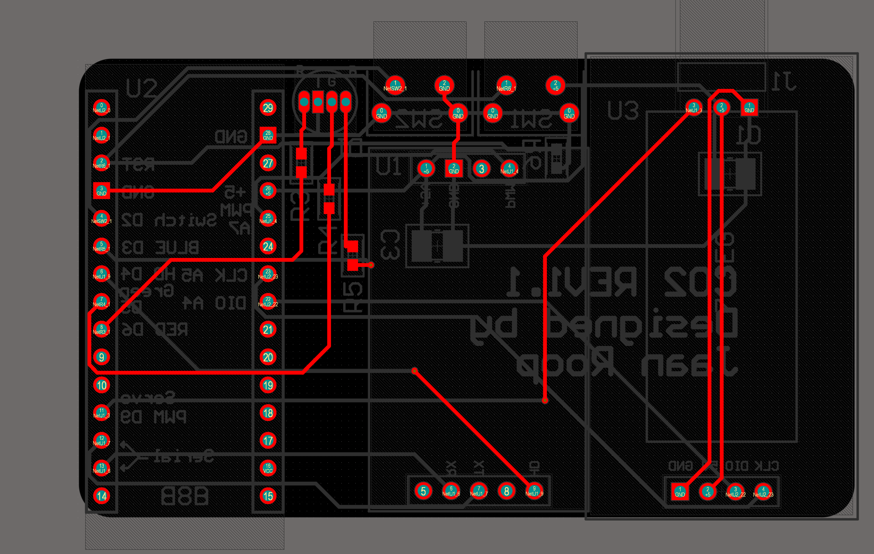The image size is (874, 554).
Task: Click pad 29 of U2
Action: click(x=268, y=108)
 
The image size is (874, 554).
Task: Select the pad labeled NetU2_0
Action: click(x=102, y=108)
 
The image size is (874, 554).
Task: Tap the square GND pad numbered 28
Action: click(x=268, y=135)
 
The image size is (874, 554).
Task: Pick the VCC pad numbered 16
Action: click(x=268, y=468)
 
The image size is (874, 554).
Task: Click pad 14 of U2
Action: click(x=102, y=496)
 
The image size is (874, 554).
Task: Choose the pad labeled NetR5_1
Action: click(x=102, y=246)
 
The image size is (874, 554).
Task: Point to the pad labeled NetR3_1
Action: click(x=102, y=329)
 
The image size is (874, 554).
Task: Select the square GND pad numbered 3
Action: click(x=102, y=191)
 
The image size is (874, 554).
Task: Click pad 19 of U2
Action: click(x=268, y=385)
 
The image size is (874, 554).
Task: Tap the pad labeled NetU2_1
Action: click(x=102, y=135)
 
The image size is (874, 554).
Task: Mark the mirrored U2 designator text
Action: click(x=142, y=89)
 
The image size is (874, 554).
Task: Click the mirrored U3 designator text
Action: click(x=623, y=110)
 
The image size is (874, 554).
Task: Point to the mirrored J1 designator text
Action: click(x=784, y=82)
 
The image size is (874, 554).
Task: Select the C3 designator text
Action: click(x=390, y=245)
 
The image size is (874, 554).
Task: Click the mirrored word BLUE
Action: click(x=177, y=248)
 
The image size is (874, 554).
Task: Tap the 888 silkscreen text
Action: click(x=185, y=496)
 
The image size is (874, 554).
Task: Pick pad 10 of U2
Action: click(x=102, y=385)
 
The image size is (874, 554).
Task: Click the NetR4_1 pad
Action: click(x=102, y=302)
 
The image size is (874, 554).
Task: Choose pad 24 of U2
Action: click(x=268, y=246)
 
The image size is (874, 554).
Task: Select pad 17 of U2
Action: click(x=268, y=440)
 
